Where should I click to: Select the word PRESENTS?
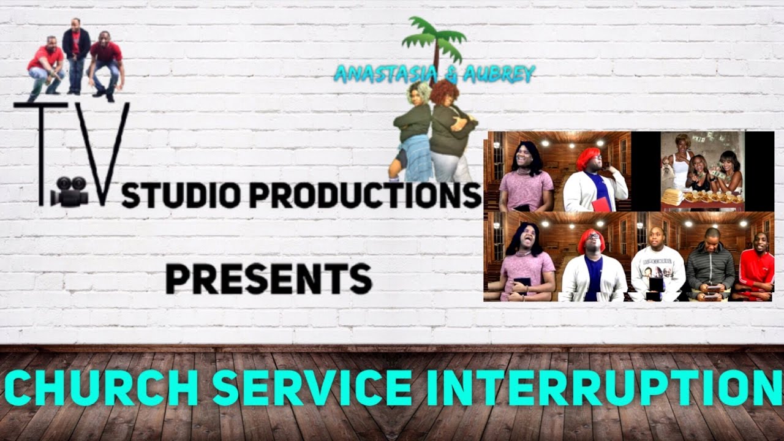pyautogui.click(x=268, y=279)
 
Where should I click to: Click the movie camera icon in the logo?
pyautogui.click(x=69, y=195)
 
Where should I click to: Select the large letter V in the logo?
pyautogui.click(x=105, y=153)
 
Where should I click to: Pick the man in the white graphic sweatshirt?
pyautogui.click(x=657, y=269)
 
